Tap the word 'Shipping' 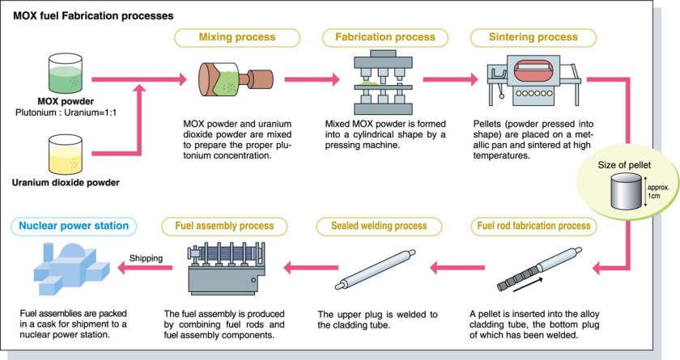point(146,259)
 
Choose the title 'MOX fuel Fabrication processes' point(93,15)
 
